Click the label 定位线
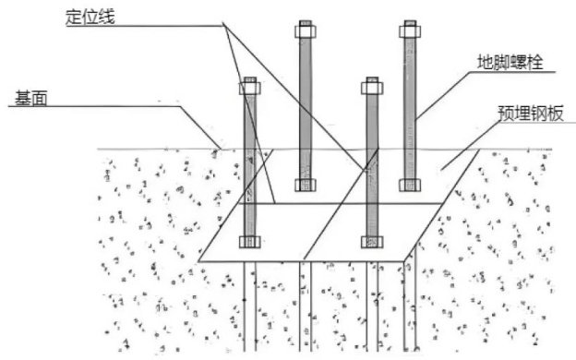90,18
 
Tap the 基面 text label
31,98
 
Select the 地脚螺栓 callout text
510,62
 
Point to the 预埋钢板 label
531,114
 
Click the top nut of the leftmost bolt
250,89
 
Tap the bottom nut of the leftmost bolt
250,242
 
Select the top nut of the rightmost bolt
410,31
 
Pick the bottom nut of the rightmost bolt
410,186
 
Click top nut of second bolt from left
306,31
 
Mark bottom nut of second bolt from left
306,186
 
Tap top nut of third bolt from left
372,89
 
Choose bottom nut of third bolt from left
372,242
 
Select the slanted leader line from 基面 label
200,127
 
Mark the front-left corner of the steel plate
198,261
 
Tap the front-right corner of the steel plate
404,261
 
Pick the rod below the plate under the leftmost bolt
250,306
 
